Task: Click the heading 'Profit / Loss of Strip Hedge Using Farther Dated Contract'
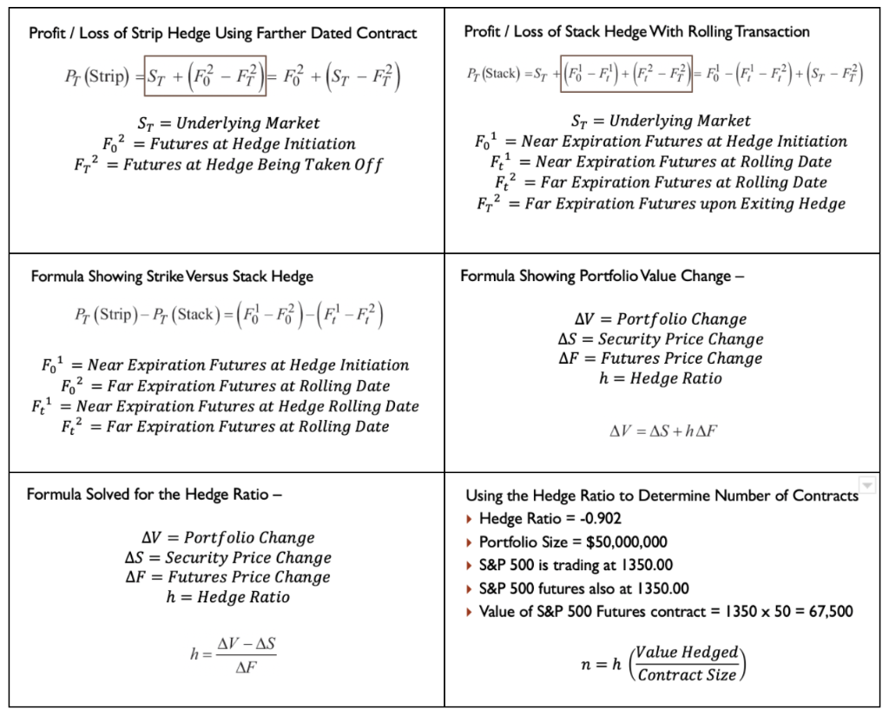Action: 223,34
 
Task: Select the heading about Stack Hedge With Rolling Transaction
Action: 636,32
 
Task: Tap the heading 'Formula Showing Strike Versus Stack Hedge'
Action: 172,277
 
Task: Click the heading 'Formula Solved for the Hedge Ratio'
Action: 155,495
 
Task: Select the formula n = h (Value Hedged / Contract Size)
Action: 664,664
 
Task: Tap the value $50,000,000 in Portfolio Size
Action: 624,542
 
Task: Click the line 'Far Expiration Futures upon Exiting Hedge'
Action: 684,204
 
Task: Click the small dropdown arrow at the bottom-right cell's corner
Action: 867,485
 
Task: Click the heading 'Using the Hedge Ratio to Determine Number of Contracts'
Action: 662,496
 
